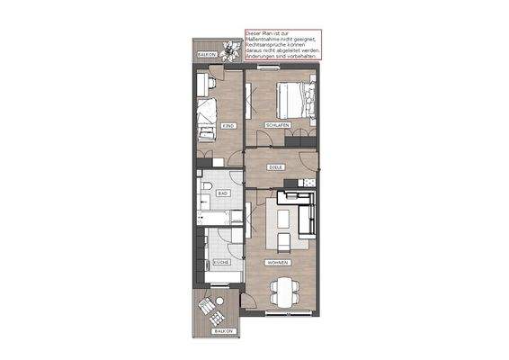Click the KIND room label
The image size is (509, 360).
click(x=228, y=125)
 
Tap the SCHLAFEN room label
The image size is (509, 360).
click(x=276, y=125)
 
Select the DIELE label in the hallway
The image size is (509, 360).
click(x=277, y=167)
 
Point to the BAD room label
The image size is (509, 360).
click(x=222, y=193)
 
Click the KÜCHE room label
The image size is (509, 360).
click(x=221, y=262)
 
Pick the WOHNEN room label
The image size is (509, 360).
click(x=277, y=262)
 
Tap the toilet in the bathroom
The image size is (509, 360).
click(x=206, y=188)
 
